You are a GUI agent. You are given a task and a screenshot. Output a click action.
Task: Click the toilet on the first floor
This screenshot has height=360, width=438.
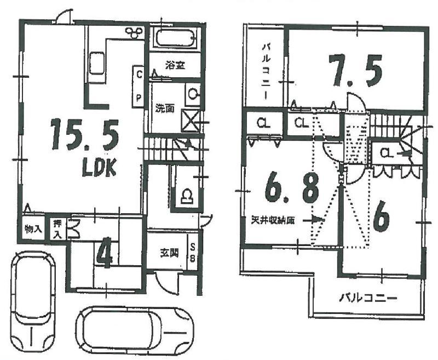pos(186,195)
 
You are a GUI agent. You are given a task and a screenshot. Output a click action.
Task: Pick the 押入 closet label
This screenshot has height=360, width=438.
pos(57,227)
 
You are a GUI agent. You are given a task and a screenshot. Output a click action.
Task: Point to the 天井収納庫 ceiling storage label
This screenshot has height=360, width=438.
pos(274,220)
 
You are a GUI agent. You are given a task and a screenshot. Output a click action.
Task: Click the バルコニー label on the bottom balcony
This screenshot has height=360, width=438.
pos(367,298)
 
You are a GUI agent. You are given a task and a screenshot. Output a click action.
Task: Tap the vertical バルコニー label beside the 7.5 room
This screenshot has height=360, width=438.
pos(266,70)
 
